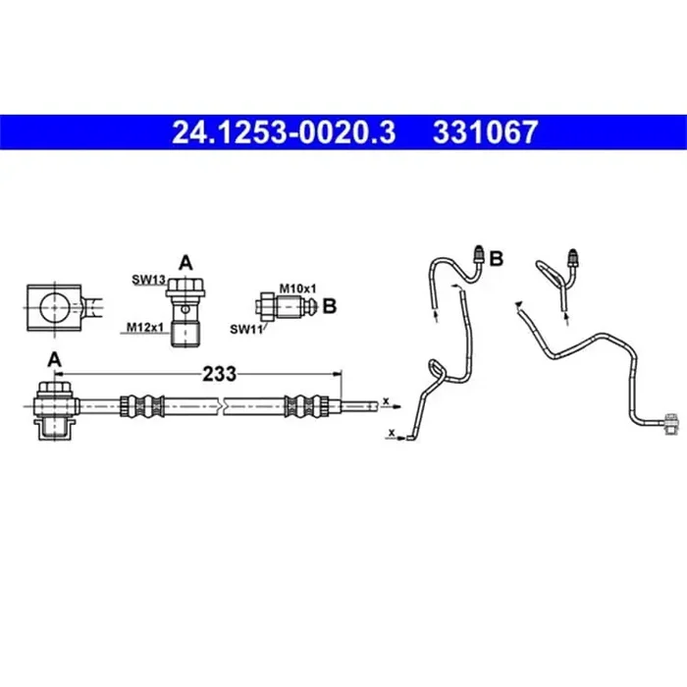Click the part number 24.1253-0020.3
point(285,132)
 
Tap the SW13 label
point(147,280)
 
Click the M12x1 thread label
point(143,328)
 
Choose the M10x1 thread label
point(297,288)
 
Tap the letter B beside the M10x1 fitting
point(330,305)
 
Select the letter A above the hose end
point(55,360)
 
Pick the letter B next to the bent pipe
point(497,259)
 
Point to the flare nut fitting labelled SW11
point(285,306)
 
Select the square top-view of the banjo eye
point(50,308)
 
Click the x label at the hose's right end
point(387,399)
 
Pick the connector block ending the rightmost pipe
point(672,423)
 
